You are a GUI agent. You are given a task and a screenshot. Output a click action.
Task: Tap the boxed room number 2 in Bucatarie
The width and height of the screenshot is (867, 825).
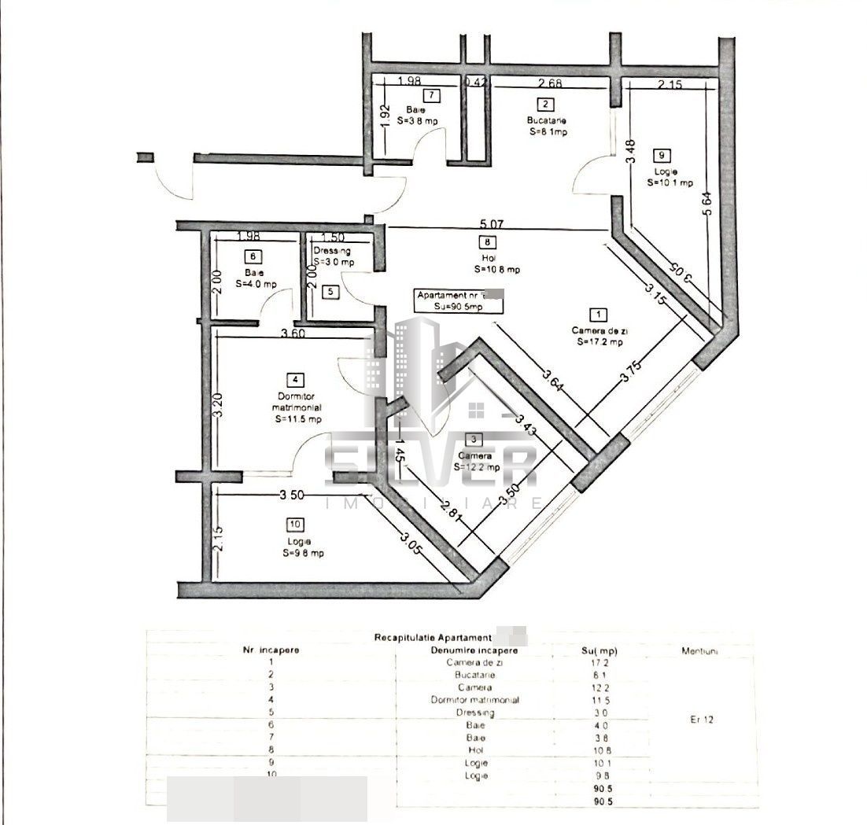pos(544,103)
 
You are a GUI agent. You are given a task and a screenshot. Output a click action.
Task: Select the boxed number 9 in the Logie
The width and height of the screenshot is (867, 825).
pos(666,156)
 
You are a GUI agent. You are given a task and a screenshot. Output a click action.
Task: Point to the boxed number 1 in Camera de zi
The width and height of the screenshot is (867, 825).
pos(600,315)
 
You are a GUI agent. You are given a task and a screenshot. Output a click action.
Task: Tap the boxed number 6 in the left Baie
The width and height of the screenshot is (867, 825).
pos(253,256)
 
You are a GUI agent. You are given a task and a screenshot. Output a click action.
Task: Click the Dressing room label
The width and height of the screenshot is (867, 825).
pos(332,251)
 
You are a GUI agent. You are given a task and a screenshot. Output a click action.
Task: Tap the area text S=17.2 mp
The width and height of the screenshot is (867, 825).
pos(600,342)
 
